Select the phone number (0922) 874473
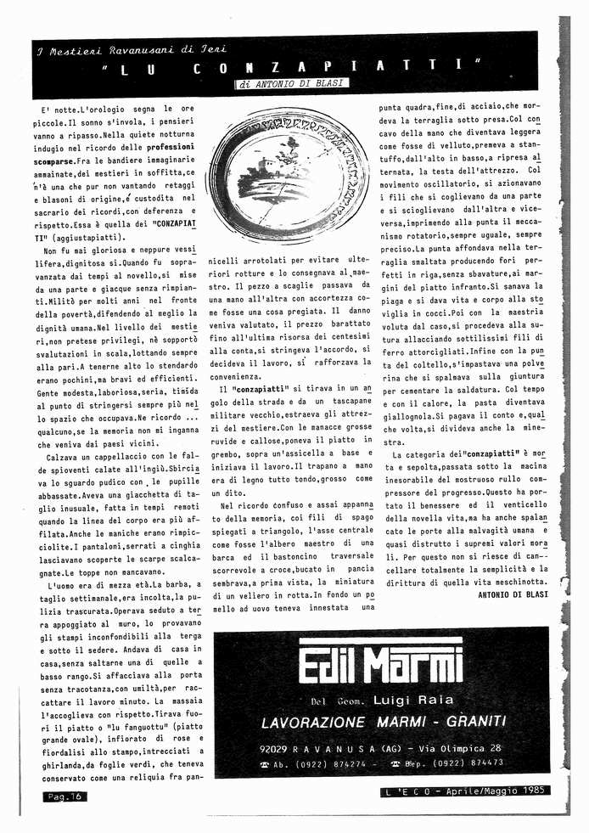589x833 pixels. [x=466, y=763]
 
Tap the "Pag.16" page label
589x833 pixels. [x=65, y=796]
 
